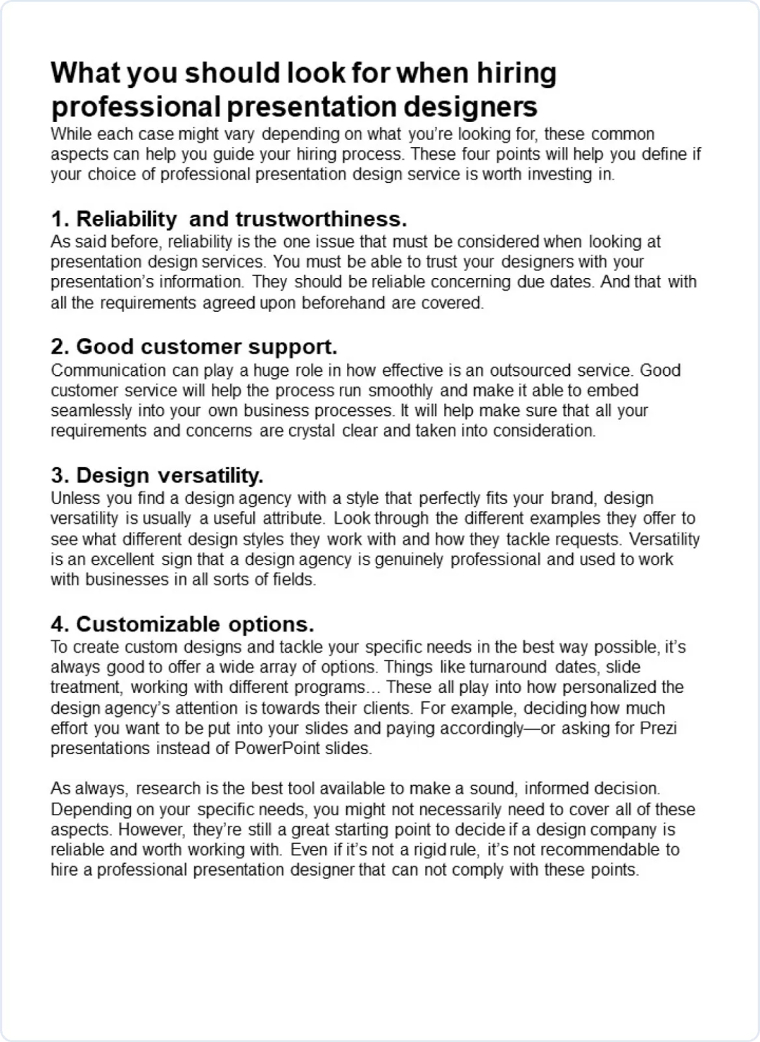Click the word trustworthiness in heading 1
(x=321, y=219)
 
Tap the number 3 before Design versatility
(x=58, y=476)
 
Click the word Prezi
(x=659, y=728)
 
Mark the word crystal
(x=312, y=431)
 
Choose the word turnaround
(x=507, y=667)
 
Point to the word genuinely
(x=409, y=560)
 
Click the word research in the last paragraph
(x=168, y=789)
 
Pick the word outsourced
(x=531, y=370)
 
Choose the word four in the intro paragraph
(x=475, y=154)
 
